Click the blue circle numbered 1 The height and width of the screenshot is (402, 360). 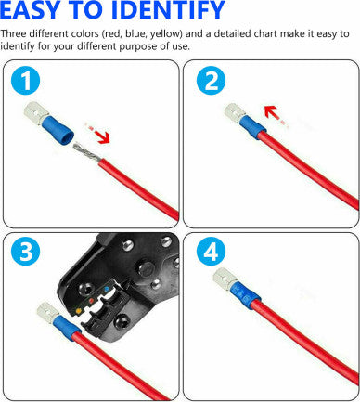25,82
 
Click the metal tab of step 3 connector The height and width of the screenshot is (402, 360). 45,313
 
